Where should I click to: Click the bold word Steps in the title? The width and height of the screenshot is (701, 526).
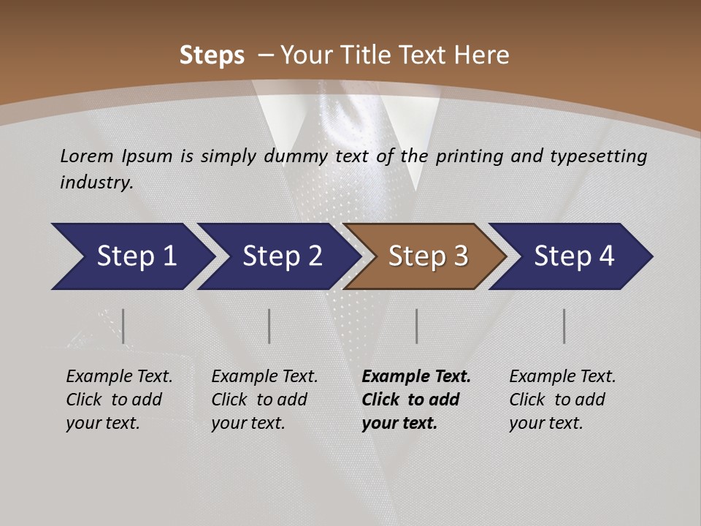pyautogui.click(x=212, y=56)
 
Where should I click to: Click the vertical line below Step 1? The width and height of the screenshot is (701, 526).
pyautogui.click(x=123, y=326)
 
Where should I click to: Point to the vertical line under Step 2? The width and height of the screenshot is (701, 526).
pyautogui.click(x=269, y=326)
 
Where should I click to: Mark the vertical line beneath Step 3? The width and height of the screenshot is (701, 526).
pyautogui.click(x=417, y=326)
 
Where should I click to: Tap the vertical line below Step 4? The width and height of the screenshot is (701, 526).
pyautogui.click(x=564, y=326)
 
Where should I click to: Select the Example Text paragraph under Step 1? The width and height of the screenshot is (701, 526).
pyautogui.click(x=119, y=400)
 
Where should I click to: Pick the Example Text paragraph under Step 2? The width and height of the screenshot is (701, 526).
pyautogui.click(x=264, y=400)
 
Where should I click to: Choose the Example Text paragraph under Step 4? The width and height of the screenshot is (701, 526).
pyautogui.click(x=562, y=400)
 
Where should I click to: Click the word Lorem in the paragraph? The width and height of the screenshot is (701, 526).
pyautogui.click(x=87, y=156)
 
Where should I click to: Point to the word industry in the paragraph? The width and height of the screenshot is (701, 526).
pyautogui.click(x=96, y=183)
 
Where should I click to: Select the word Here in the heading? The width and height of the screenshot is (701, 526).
pyautogui.click(x=482, y=56)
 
